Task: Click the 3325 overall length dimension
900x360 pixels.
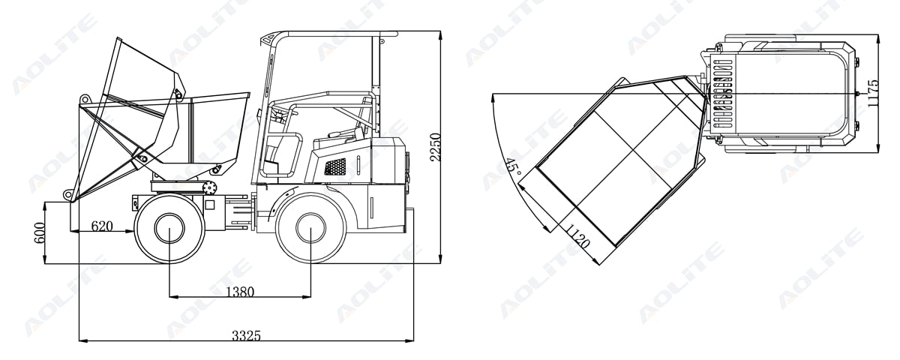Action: [x=246, y=335]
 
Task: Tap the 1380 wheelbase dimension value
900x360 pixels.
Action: [x=240, y=291]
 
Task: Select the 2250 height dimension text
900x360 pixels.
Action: [x=435, y=147]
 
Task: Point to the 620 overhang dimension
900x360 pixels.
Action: [x=102, y=226]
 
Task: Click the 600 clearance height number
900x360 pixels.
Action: [x=39, y=233]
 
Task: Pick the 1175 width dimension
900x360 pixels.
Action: [x=873, y=93]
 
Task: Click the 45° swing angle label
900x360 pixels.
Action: [x=511, y=166]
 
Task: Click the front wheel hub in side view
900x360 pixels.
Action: [x=169, y=228]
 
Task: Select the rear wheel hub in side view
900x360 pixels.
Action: [x=310, y=227]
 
